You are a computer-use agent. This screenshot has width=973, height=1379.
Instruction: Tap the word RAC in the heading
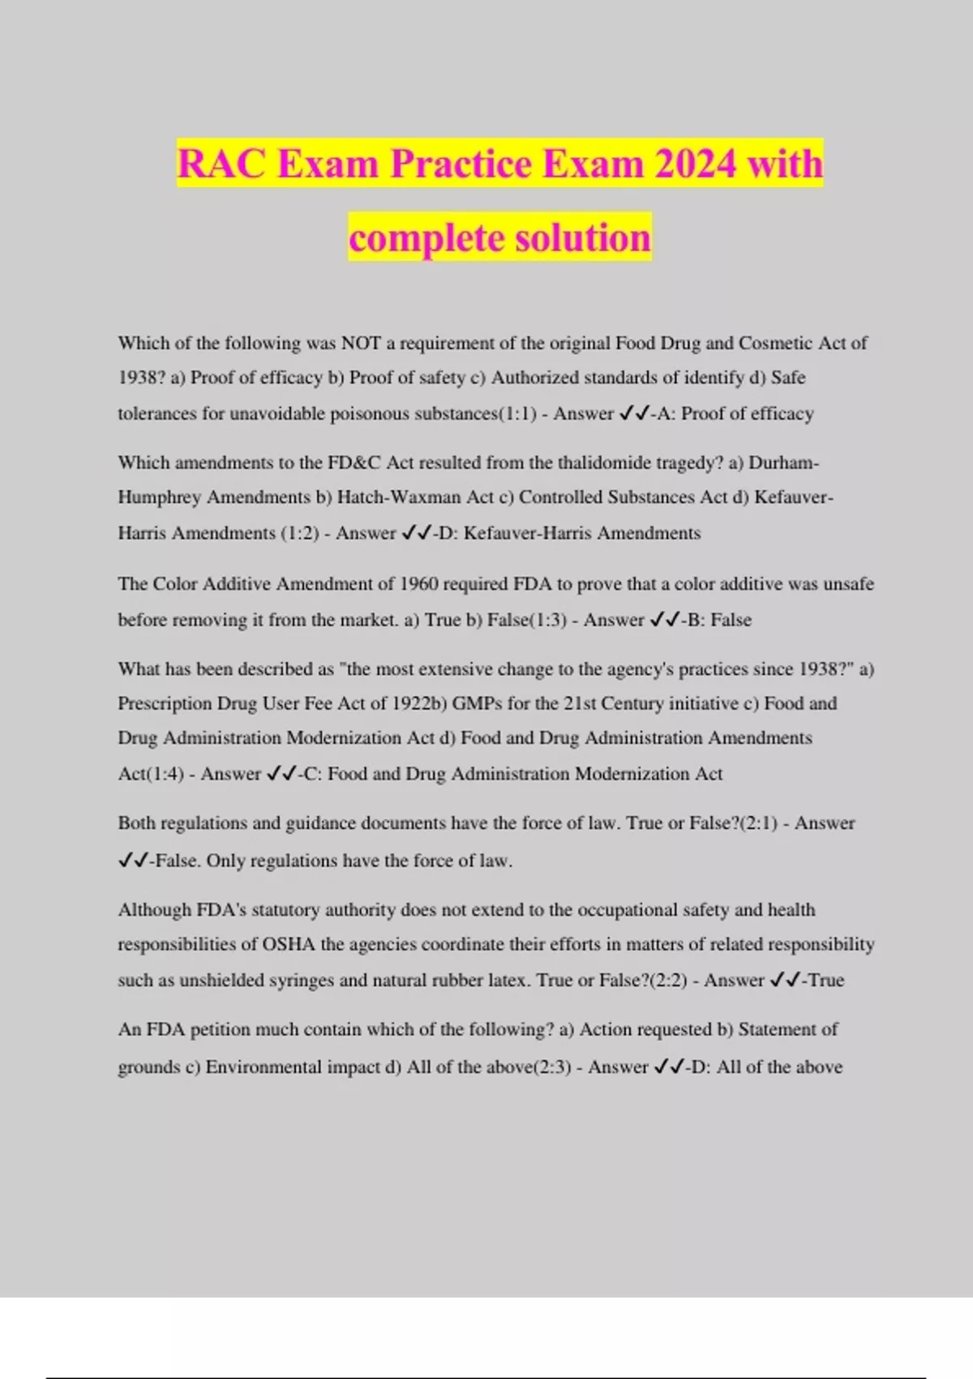(x=221, y=164)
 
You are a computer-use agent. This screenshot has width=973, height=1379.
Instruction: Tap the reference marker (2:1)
(x=759, y=823)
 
